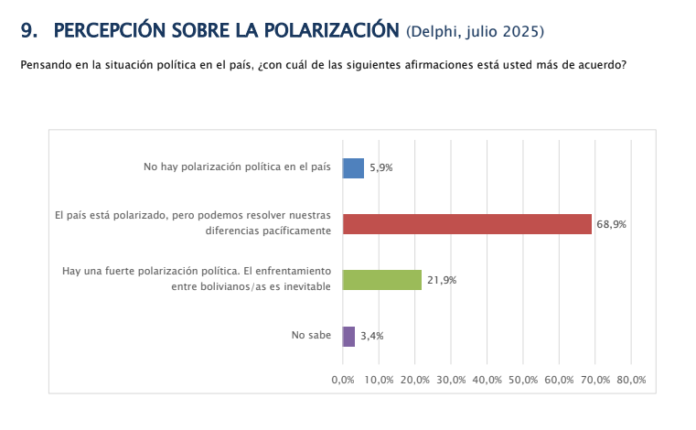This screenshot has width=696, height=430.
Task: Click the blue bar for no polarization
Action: click(x=353, y=168)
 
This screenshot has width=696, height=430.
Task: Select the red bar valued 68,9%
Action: click(x=466, y=224)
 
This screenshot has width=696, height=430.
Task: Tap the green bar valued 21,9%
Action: click(x=381, y=280)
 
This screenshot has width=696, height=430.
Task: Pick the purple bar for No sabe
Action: click(x=348, y=336)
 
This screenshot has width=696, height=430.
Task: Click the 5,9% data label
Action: click(x=380, y=168)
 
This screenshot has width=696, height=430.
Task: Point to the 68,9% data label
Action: click(x=610, y=224)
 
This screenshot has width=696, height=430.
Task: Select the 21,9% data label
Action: click(x=441, y=280)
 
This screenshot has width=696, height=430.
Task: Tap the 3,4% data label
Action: click(x=371, y=336)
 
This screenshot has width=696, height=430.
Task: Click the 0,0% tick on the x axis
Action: click(x=343, y=380)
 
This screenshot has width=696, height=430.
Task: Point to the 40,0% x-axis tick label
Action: click(x=487, y=380)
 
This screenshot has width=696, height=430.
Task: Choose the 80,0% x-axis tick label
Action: click(x=631, y=380)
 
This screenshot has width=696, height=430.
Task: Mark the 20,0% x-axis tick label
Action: click(x=415, y=380)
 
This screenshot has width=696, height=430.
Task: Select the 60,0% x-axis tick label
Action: click(x=559, y=380)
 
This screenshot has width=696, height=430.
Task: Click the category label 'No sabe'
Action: click(x=311, y=336)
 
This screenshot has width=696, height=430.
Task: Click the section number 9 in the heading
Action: click(x=27, y=31)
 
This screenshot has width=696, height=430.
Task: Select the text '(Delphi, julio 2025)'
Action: click(x=475, y=33)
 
